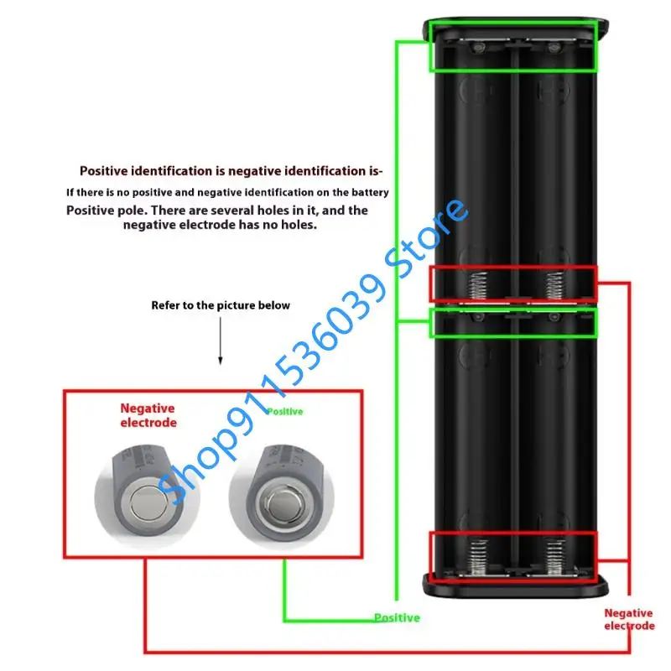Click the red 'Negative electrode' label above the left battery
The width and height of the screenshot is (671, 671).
148,415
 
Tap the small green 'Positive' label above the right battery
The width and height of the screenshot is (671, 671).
284,412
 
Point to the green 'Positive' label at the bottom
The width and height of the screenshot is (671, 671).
397,618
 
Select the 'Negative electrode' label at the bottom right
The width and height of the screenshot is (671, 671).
629,620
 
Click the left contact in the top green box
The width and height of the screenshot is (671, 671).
476,49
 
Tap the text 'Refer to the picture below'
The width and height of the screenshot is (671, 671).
221,305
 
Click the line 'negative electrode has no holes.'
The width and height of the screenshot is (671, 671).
220,225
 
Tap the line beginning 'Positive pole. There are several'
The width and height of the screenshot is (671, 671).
216,210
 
